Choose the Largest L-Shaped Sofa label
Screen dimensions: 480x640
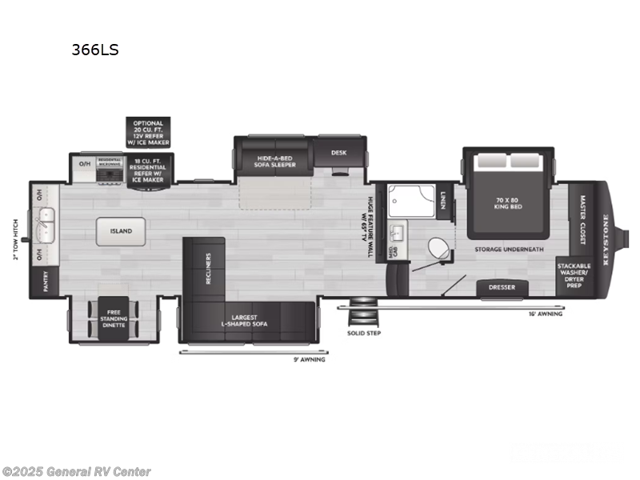(x=245, y=320)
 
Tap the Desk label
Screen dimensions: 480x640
(x=339, y=152)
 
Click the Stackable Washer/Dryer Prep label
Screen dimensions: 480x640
(x=574, y=275)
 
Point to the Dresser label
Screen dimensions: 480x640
(x=502, y=288)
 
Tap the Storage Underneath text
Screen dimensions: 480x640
(x=509, y=250)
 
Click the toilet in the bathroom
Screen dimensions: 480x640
(x=438, y=247)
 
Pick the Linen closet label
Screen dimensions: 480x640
(x=443, y=197)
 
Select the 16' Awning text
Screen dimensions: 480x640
(x=546, y=314)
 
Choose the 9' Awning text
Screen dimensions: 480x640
(x=308, y=359)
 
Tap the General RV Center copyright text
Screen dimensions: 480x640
(x=77, y=472)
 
